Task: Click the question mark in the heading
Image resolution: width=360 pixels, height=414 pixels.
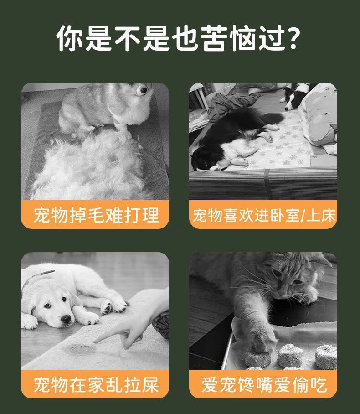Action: (x=293, y=38)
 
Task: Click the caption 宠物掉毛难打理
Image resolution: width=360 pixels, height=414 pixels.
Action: (x=96, y=215)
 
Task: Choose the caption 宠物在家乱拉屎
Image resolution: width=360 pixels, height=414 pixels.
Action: (x=96, y=384)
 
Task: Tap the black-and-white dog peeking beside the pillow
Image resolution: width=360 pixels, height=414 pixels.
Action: (x=296, y=96)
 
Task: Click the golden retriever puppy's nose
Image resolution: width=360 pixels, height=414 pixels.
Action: (x=66, y=319)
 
